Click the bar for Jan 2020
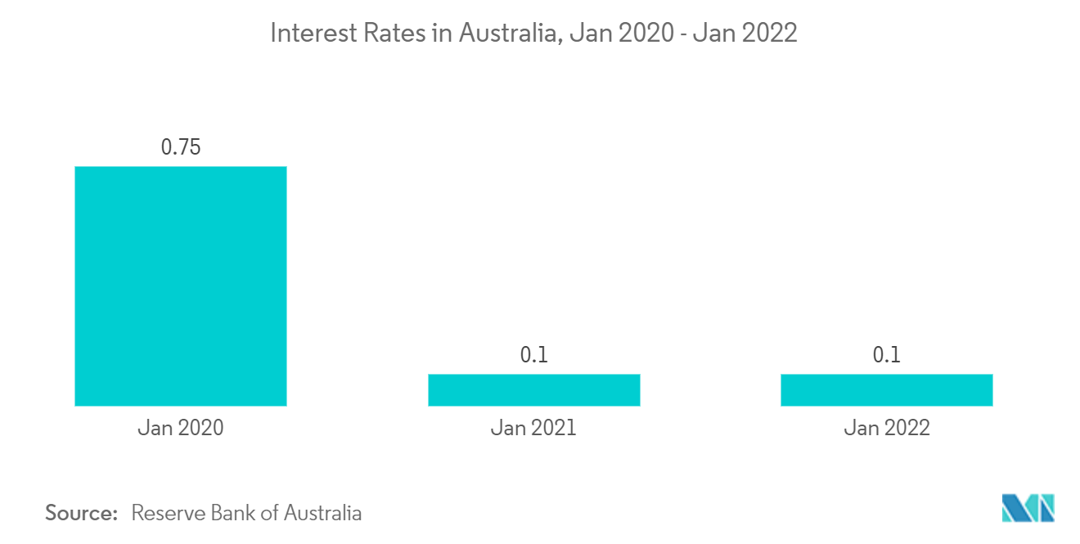(180, 285)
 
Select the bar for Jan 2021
(533, 389)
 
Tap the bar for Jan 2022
(886, 389)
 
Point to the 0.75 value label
(181, 147)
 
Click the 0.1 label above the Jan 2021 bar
(533, 355)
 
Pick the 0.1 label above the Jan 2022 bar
(886, 355)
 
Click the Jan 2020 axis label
(180, 427)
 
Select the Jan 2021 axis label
(533, 427)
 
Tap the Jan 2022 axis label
(886, 427)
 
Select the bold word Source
(82, 513)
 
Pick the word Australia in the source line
(322, 513)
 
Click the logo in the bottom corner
(1028, 508)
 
